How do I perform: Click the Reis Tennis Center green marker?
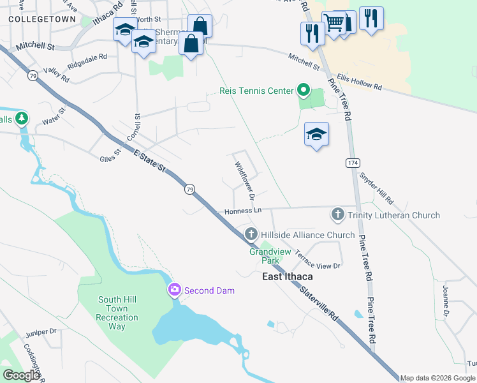tap(304, 91)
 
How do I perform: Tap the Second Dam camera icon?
tap(174, 290)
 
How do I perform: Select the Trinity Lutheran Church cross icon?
tap(337, 215)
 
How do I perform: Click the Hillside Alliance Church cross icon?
tap(251, 234)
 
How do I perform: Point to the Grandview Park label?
tap(270, 256)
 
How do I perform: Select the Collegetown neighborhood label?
tap(36, 20)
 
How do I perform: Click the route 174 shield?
tap(353, 163)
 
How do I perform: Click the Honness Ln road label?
tap(243, 211)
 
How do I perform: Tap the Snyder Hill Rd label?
tap(376, 186)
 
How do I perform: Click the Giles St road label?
tap(110, 156)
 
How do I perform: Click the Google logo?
tap(21, 375)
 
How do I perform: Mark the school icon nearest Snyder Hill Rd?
tap(316, 134)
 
